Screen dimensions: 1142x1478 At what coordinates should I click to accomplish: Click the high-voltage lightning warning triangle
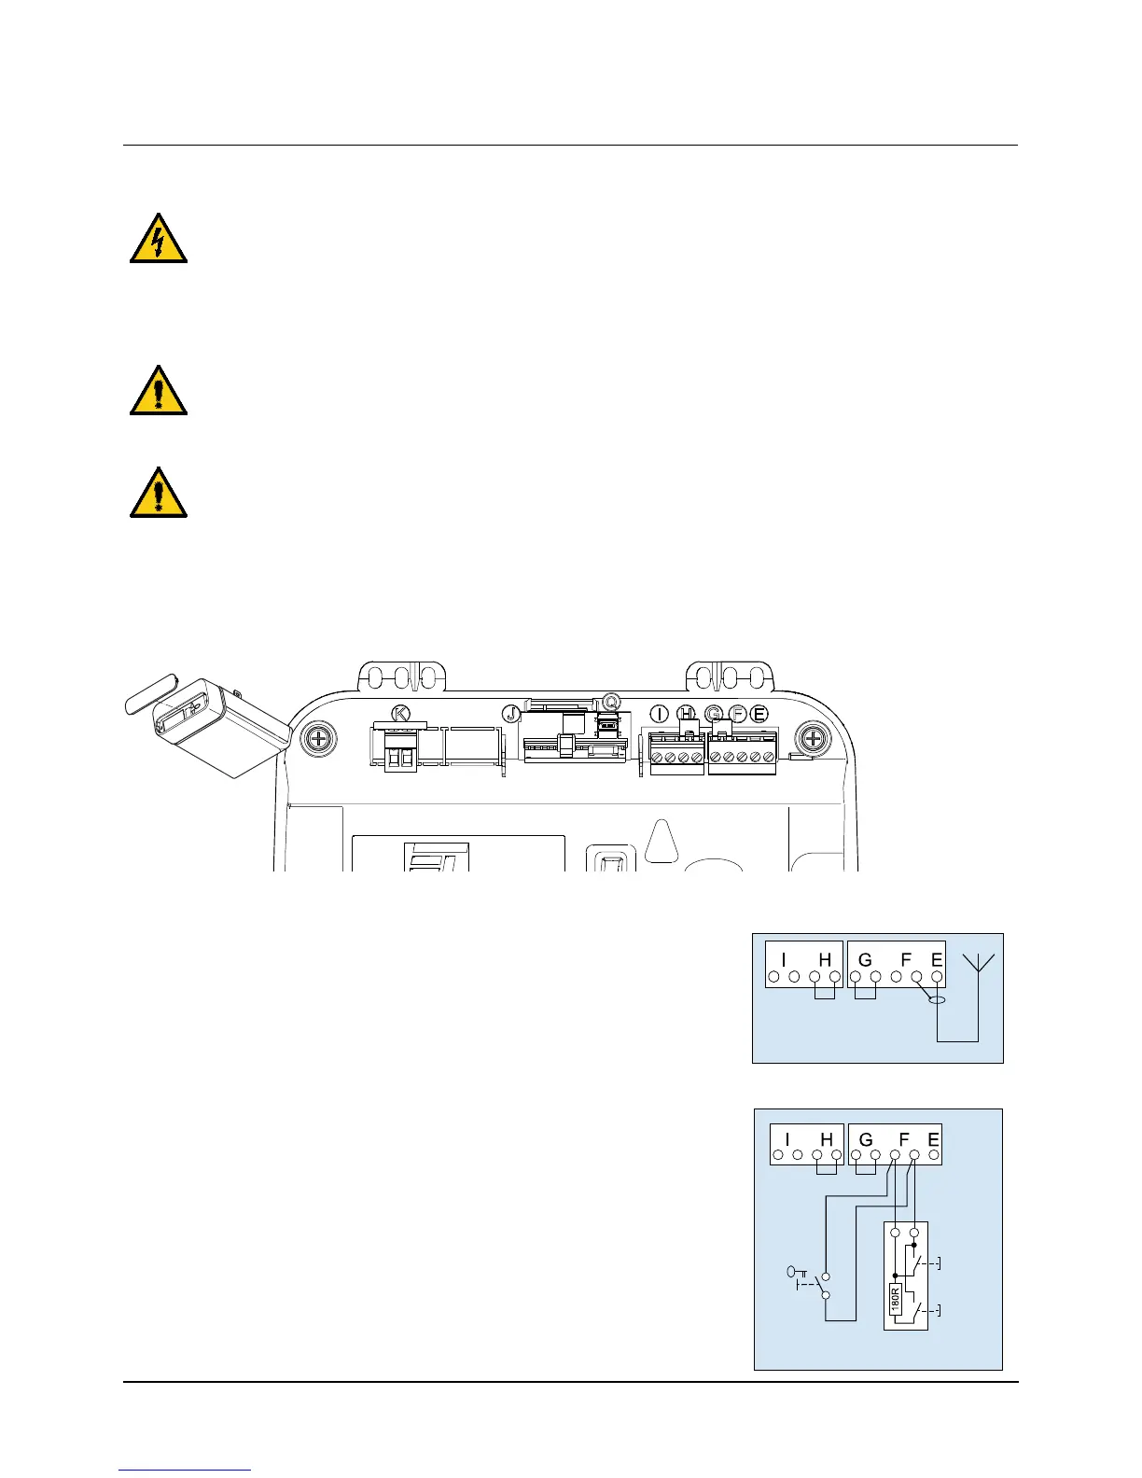[x=159, y=239]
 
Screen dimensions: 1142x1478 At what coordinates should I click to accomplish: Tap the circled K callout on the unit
[x=402, y=714]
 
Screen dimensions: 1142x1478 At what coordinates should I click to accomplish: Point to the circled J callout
[x=511, y=713]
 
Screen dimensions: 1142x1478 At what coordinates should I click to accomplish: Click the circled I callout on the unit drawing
[x=660, y=714]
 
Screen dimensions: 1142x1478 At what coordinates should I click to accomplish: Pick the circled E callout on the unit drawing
[x=759, y=714]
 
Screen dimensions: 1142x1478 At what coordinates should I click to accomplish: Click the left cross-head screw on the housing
[x=319, y=739]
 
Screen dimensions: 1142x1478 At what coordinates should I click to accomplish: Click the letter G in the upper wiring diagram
[x=865, y=960]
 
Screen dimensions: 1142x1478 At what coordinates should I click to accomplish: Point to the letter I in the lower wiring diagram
[x=787, y=1139]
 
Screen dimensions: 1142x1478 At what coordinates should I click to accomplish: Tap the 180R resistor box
[x=894, y=1297]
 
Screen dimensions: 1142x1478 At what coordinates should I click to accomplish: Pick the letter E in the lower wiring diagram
[x=933, y=1139]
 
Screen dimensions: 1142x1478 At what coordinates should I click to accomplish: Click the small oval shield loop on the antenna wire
[x=937, y=1000]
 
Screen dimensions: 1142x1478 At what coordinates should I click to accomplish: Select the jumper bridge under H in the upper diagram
[x=825, y=993]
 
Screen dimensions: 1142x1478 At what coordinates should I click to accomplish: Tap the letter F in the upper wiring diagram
[x=905, y=960]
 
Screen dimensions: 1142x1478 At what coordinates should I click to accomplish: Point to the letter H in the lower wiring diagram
[x=827, y=1139]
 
